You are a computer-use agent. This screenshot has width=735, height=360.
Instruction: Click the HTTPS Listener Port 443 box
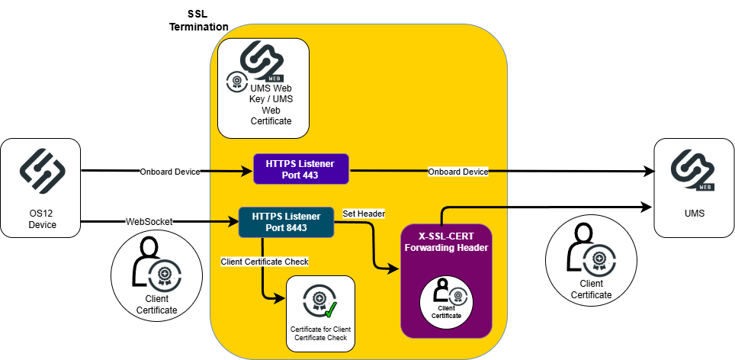coord(300,169)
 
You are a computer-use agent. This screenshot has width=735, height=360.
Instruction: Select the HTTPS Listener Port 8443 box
coord(286,221)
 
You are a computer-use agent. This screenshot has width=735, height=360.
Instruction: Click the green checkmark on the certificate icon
coord(331,310)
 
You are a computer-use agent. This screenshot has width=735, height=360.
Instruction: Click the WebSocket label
coord(149,221)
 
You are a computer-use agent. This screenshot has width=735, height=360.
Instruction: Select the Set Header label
coord(364,213)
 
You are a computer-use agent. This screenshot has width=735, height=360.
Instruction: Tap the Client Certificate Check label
coord(265,262)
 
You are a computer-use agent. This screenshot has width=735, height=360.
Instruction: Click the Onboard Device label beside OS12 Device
coord(169,172)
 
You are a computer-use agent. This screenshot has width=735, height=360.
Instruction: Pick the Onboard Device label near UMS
coord(457,172)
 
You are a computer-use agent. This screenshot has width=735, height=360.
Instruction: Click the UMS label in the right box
coord(695,214)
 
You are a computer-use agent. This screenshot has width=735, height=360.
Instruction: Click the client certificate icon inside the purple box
coord(446,294)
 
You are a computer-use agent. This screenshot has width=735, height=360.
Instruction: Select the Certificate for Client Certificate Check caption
coord(320,333)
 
